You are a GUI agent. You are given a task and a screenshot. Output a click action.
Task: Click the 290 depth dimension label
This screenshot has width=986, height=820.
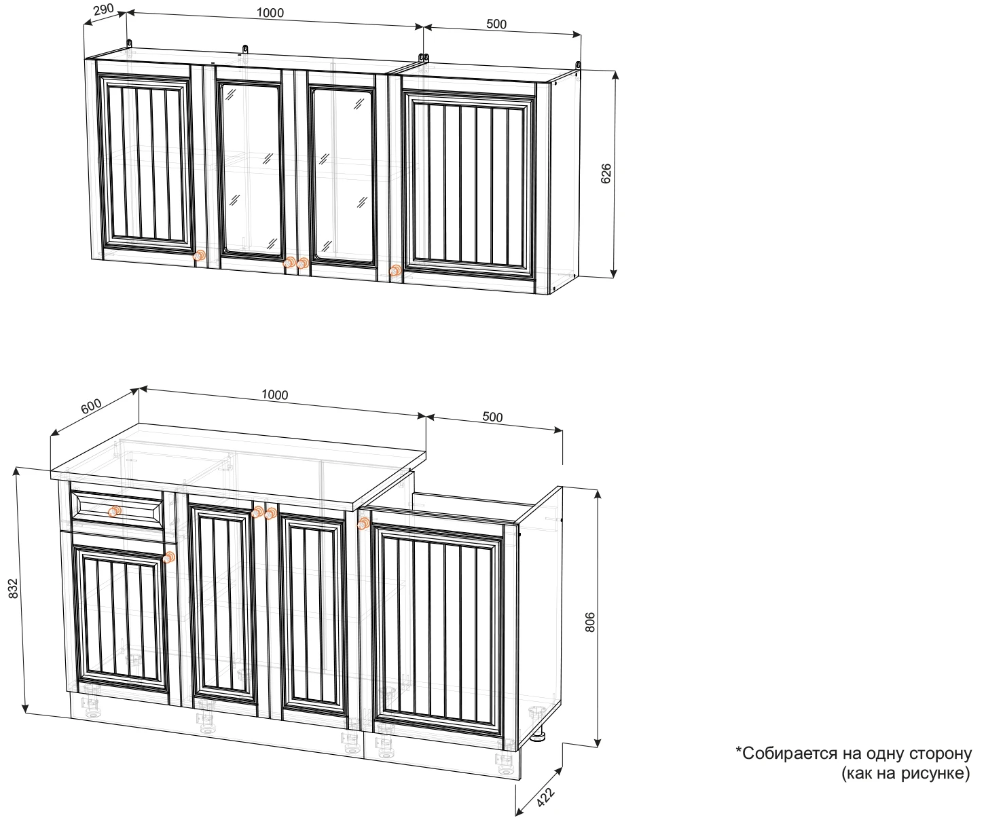point(103,9)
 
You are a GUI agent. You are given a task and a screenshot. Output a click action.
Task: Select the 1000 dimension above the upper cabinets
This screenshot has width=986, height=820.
point(270,13)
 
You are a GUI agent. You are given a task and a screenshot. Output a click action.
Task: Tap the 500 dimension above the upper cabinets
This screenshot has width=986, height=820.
point(496,24)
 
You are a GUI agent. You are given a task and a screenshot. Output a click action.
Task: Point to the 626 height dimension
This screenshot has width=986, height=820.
point(606,173)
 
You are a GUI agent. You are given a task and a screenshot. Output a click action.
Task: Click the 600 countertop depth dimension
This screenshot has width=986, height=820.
point(91,406)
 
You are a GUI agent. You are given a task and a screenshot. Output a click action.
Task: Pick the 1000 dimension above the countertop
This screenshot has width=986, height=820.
point(275,394)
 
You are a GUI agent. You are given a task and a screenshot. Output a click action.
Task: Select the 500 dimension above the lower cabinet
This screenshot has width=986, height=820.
point(492,417)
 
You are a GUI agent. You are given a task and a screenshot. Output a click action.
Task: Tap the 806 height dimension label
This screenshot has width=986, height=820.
point(590,622)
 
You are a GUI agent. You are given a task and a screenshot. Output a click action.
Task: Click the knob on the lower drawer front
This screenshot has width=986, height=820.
point(115,511)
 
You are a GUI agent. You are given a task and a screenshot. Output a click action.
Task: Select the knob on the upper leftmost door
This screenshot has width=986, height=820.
point(199,256)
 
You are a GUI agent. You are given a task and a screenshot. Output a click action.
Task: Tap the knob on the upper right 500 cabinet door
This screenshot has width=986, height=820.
point(395,270)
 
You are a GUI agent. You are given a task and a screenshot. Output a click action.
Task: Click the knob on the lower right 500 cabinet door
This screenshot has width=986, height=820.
point(363,523)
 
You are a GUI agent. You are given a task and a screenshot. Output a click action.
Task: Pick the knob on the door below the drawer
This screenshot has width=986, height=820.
point(168,557)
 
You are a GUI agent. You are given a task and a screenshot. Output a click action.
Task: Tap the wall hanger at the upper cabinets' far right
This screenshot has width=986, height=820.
point(578,66)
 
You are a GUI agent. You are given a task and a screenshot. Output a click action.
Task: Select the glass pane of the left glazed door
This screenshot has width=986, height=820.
point(251,169)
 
